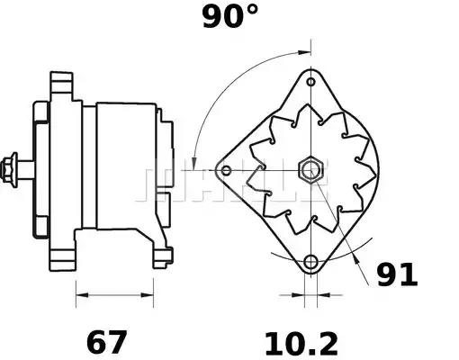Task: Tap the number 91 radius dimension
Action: (396, 274)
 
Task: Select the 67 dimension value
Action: (106, 342)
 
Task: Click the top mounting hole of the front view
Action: (311, 80)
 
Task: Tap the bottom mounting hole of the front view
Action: (311, 262)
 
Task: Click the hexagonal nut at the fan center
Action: (311, 169)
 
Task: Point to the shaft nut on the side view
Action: (13, 168)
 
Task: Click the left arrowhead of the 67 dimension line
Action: (80, 292)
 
